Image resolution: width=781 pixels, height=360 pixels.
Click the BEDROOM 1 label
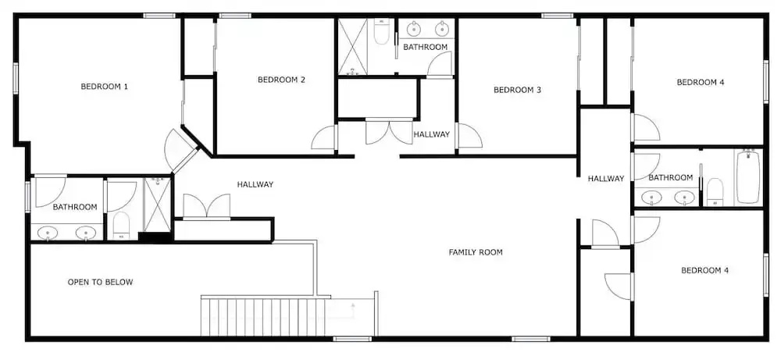pyautogui.click(x=104, y=87)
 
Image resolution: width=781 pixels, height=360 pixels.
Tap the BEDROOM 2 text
pyautogui.click(x=281, y=80)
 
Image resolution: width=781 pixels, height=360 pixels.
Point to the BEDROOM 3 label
pyautogui.click(x=517, y=90)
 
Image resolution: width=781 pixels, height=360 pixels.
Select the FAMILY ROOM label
pyautogui.click(x=476, y=252)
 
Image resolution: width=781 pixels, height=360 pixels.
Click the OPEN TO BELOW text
pyautogui.click(x=100, y=283)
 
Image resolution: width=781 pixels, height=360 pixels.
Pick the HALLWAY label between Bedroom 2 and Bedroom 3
pyautogui.click(x=431, y=134)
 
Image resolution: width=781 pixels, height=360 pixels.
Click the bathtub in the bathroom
pyautogui.click(x=747, y=176)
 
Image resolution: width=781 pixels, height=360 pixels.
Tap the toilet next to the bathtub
pyautogui.click(x=715, y=191)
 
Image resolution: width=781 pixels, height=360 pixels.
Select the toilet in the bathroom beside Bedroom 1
pyautogui.click(x=120, y=226)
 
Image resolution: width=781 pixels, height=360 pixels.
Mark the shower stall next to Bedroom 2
pyautogui.click(x=353, y=47)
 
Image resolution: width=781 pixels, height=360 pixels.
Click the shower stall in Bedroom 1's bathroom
pyautogui.click(x=158, y=205)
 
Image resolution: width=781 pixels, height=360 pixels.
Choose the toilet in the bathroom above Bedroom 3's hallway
pyautogui.click(x=382, y=32)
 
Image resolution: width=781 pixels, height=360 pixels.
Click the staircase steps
pyautogui.click(x=263, y=317)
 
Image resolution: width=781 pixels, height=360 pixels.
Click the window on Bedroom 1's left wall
pyautogui.click(x=16, y=78)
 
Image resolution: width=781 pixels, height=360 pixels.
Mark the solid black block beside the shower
pyautogui.click(x=155, y=237)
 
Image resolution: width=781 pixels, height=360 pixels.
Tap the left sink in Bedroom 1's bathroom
pyautogui.click(x=48, y=233)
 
